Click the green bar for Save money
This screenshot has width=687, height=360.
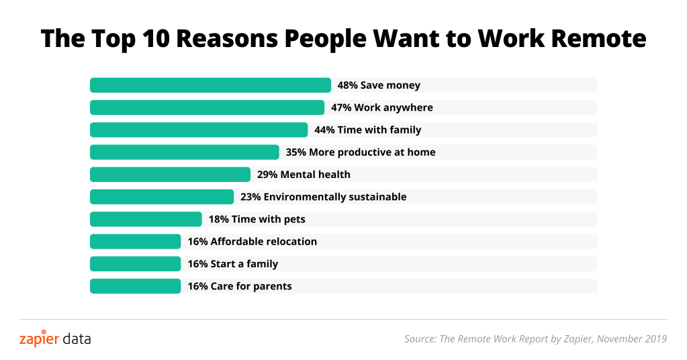pyautogui.click(x=210, y=85)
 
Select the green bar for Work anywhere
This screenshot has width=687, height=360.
pyautogui.click(x=207, y=107)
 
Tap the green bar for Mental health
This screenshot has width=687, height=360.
pyautogui.click(x=170, y=175)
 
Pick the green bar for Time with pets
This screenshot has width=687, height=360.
pyautogui.click(x=146, y=219)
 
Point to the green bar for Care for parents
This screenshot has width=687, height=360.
pyautogui.click(x=135, y=286)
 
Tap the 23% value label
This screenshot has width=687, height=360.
pyautogui.click(x=250, y=197)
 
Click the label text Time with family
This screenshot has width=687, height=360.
pyautogui.click(x=379, y=130)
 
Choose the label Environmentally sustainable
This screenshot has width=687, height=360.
pyautogui.click(x=335, y=197)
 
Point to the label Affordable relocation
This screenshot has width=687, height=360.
pyautogui.click(x=263, y=241)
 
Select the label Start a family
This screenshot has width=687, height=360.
pyautogui.click(x=244, y=264)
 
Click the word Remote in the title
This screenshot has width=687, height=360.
pyautogui.click(x=598, y=39)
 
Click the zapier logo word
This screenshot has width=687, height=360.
pyautogui.click(x=39, y=339)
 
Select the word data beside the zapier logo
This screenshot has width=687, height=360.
pyautogui.click(x=76, y=339)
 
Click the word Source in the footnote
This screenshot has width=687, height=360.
pyautogui.click(x=419, y=339)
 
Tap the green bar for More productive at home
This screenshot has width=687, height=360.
pyautogui.click(x=184, y=152)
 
